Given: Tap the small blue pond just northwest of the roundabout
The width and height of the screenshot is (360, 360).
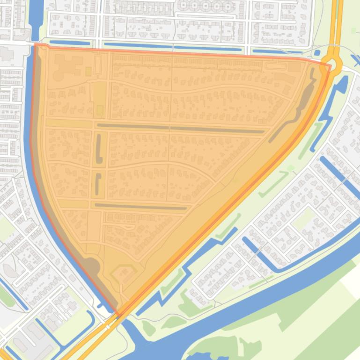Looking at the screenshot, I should [317, 53].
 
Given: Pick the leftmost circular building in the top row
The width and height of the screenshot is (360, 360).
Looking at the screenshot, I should [183, 5].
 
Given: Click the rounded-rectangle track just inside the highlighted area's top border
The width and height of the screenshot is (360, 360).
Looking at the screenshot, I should [278, 66].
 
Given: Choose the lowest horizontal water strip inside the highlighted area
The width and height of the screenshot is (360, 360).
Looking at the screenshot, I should [140, 206].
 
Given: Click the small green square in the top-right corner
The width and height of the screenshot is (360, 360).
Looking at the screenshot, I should [353, 30].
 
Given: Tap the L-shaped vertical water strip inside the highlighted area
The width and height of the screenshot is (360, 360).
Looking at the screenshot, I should [99, 148].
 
